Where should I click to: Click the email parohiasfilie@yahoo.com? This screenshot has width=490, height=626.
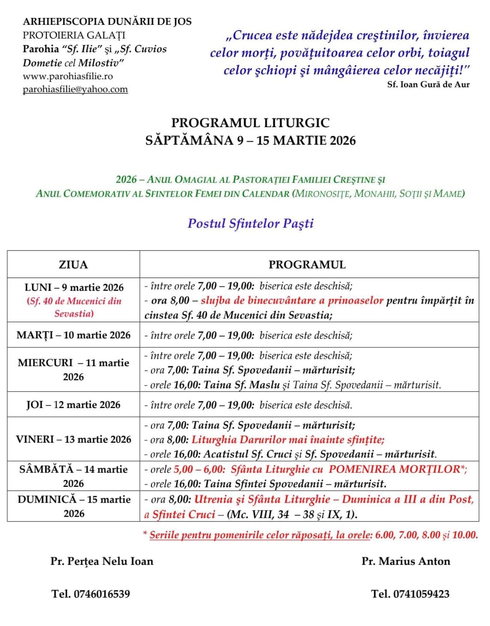point(75,89)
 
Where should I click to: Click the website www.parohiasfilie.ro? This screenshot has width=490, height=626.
point(68,76)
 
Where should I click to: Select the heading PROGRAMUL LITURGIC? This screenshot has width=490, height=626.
point(250,123)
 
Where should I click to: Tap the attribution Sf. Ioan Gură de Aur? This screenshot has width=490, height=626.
point(428,84)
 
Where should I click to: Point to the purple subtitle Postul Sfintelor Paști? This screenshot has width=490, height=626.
point(251,223)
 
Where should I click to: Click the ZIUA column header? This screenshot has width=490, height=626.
point(73,265)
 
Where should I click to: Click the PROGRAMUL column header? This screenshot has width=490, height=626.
point(307,265)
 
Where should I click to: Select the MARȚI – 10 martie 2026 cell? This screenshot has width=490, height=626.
point(73,335)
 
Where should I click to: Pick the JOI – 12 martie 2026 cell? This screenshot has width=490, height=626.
point(73,405)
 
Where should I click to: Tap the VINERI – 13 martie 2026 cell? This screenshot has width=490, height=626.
point(73,439)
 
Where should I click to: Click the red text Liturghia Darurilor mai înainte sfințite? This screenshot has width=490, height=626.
point(288,439)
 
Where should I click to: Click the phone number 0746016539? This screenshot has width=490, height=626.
point(102,594)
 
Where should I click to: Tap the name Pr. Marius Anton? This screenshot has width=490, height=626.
point(406,561)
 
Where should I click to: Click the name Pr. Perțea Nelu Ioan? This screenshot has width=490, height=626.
point(102,561)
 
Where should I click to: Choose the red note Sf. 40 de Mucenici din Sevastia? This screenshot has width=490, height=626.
point(74,307)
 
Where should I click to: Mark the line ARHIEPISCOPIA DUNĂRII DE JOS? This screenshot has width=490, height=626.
point(107,21)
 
